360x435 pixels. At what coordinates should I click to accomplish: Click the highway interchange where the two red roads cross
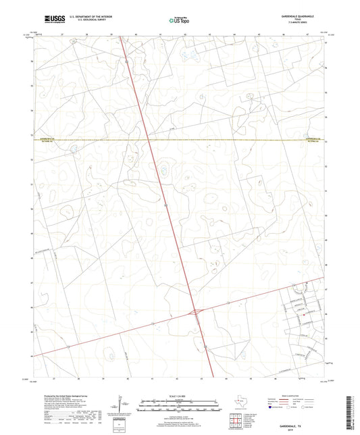pyautogui.click(x=196, y=311)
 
